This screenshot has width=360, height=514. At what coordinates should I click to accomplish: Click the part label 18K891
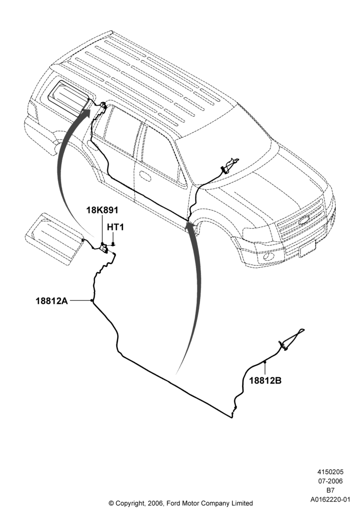pyautogui.click(x=102, y=210)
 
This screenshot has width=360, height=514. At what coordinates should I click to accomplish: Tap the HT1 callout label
pyautogui.click(x=115, y=227)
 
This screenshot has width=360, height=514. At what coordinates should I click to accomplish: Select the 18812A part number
pyautogui.click(x=52, y=301)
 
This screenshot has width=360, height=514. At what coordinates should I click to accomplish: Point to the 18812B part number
pyautogui.click(x=265, y=380)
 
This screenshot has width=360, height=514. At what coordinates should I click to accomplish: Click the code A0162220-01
pyautogui.click(x=330, y=500)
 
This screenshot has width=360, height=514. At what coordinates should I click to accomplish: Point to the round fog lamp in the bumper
pyautogui.click(x=269, y=256)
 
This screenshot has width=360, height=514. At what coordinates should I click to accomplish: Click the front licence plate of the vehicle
pyautogui.click(x=307, y=248)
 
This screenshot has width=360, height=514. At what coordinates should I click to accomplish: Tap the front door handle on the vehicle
pyautogui.click(x=145, y=176)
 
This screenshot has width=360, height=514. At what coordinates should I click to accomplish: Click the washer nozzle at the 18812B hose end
pyautogui.click(x=292, y=339)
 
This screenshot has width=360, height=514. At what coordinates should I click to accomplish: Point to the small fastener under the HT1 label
pyautogui.click(x=113, y=244)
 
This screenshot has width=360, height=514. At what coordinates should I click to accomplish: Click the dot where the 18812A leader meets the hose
pyautogui.click(x=92, y=301)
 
